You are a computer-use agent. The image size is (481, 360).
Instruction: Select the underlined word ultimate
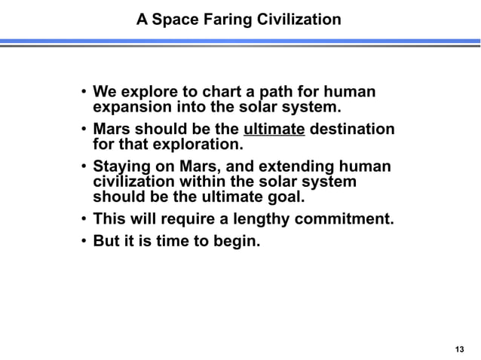click(275, 129)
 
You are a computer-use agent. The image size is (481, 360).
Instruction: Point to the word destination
click(352, 129)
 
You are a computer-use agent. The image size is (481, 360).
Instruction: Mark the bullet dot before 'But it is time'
click(83, 243)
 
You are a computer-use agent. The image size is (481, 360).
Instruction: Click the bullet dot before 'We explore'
click(83, 93)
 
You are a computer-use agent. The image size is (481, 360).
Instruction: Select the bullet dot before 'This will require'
click(83, 221)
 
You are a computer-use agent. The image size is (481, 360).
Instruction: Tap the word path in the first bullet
click(264, 93)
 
